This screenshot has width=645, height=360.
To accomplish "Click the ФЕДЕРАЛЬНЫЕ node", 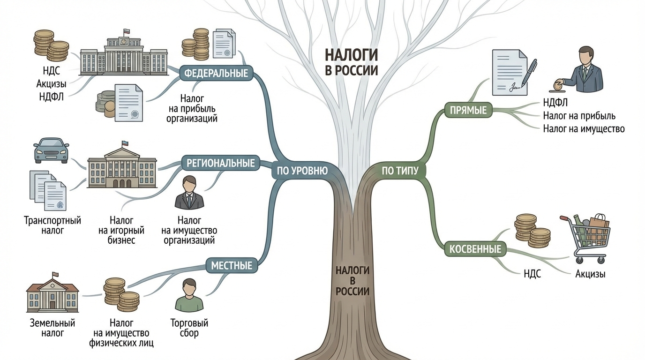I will tap(216, 74).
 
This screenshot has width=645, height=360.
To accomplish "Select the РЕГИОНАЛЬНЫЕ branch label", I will tap(221, 163).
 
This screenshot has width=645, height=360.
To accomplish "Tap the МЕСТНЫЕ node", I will tap(232, 266).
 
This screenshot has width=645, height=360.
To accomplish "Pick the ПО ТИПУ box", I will tap(400, 171).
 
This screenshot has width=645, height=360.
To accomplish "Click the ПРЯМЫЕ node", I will tap(468, 111).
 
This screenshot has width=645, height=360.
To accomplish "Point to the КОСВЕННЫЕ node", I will tap(475, 249).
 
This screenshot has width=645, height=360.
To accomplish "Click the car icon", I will tap(51, 150).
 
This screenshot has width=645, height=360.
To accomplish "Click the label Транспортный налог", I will tap(52, 225).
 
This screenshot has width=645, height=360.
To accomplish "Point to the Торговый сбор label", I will tap(189, 328).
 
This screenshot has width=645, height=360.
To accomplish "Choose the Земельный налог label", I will tap(52, 328).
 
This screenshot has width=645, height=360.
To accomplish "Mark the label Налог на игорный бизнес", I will tap(121, 230).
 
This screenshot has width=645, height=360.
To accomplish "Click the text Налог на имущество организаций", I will tap(189, 230).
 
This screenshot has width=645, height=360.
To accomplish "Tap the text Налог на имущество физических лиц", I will tap(121, 333).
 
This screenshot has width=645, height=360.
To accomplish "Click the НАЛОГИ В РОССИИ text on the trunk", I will tap(352, 281).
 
